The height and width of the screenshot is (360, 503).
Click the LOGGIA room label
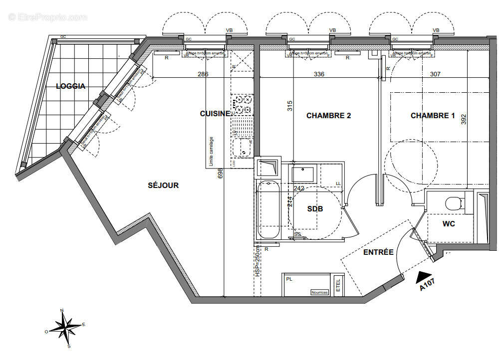[70, 86]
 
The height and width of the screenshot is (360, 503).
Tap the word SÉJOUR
[163, 185]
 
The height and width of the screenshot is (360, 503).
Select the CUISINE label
[215, 114]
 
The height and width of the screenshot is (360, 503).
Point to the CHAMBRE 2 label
[328, 116]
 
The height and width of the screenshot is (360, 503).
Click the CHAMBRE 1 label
[433, 116]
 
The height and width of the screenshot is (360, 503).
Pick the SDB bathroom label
[315, 209]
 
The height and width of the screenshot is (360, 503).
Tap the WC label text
[449, 224]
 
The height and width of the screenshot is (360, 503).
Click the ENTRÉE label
[378, 252]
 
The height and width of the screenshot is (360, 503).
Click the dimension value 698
[220, 174]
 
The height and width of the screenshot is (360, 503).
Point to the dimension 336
[319, 74]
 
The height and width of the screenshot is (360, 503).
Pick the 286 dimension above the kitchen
[203, 74]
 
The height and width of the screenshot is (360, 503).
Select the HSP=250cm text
[257, 261]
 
